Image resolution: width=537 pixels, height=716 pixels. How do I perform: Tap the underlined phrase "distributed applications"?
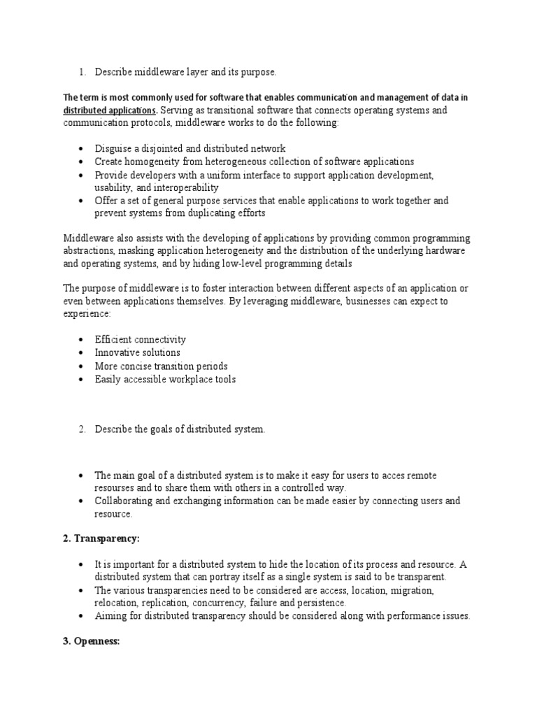(x=110, y=110)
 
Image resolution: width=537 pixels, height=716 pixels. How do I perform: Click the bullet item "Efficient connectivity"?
(x=141, y=340)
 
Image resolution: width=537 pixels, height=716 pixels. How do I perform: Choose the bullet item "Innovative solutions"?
(x=137, y=353)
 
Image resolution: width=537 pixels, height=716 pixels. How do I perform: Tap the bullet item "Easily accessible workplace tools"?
(x=165, y=380)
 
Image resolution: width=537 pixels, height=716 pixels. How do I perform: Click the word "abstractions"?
(x=89, y=251)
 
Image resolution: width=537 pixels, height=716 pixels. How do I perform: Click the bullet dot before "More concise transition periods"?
(x=81, y=366)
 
